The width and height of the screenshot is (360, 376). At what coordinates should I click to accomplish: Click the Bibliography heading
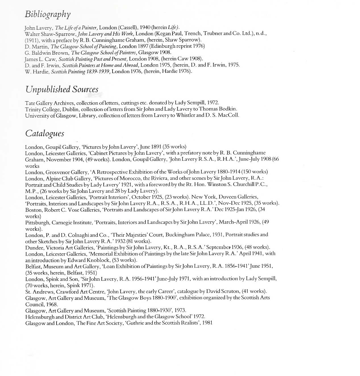[x=47, y=14]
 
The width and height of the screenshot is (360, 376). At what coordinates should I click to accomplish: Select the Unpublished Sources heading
[x=62, y=89]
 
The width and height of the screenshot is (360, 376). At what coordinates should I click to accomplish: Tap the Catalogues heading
[x=45, y=133]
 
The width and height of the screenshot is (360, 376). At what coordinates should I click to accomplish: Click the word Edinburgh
[x=164, y=46]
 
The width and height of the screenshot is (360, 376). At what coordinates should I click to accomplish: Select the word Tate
[x=30, y=103]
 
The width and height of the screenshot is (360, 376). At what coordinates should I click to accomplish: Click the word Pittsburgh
[x=37, y=222]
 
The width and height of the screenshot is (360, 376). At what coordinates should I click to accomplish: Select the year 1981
[x=207, y=323]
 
